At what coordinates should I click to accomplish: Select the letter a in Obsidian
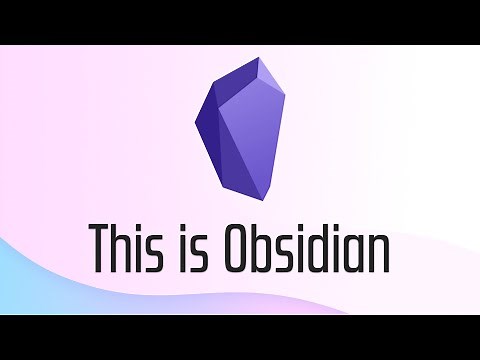(x=361, y=254)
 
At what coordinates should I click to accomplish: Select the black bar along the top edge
(x=240, y=20)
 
